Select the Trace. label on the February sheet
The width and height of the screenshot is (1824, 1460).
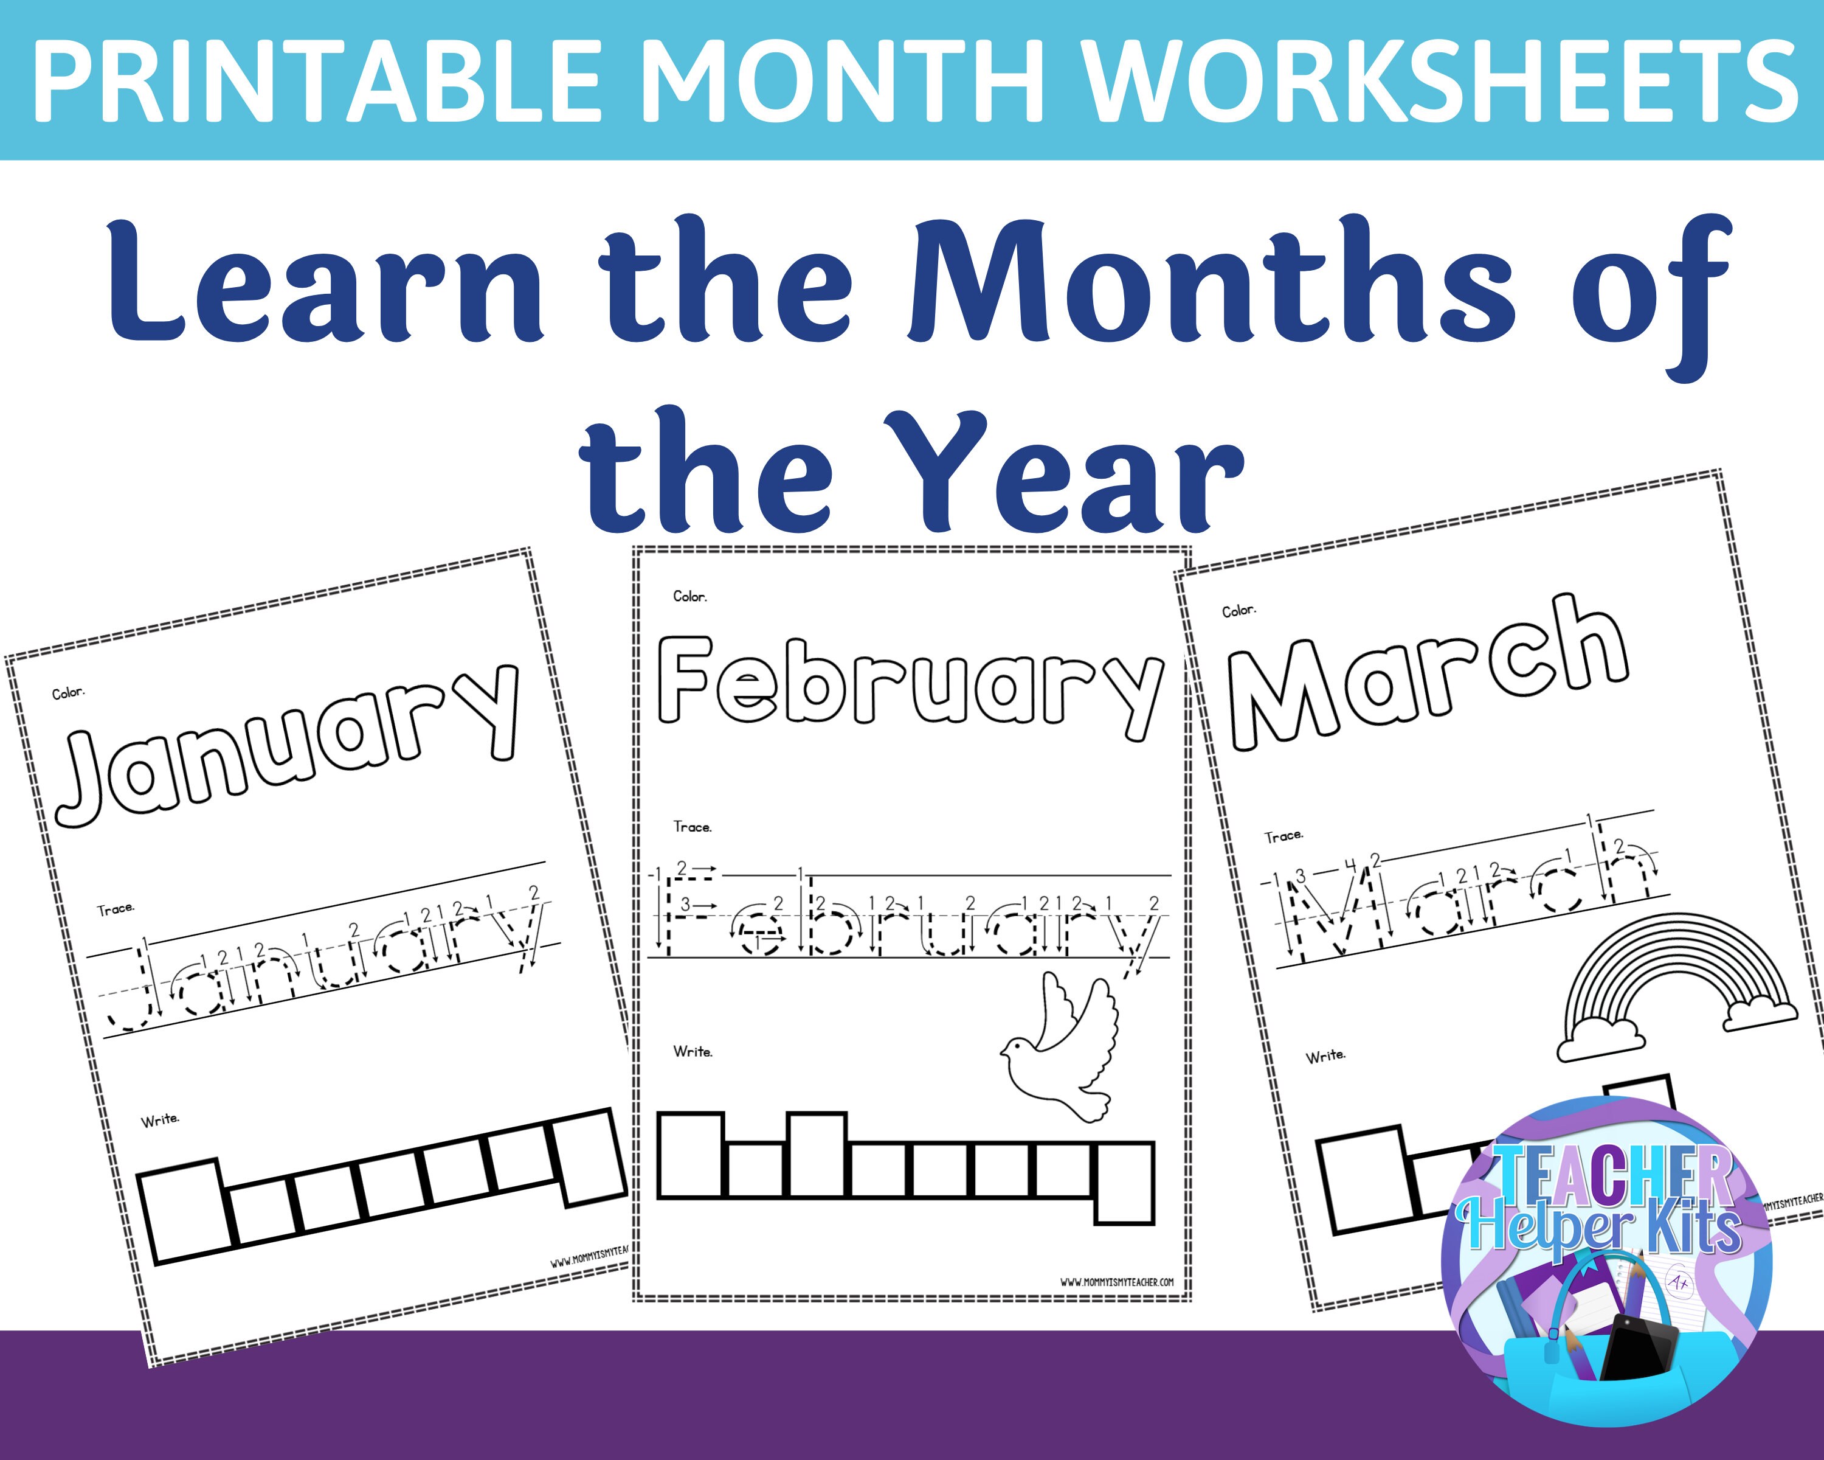[692, 827]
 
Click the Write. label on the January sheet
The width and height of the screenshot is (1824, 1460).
[160, 1120]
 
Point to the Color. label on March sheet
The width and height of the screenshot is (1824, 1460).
[1238, 610]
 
